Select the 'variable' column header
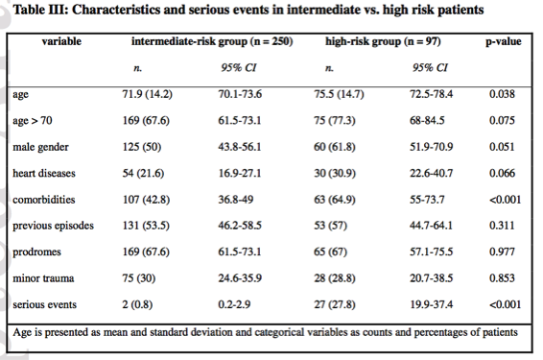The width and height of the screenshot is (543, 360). pos(61,43)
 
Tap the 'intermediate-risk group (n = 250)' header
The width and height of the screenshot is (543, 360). pos(211,43)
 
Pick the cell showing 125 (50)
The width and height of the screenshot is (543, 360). pos(150,148)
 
